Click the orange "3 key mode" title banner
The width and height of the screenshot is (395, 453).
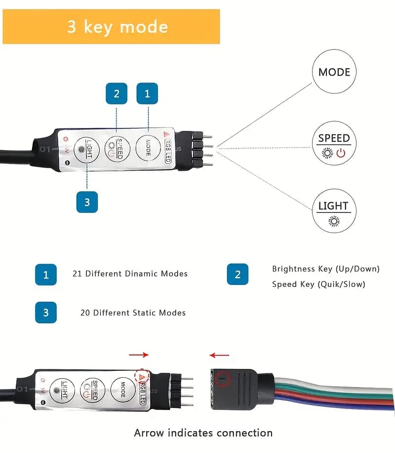111,26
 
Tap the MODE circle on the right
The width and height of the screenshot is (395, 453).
334,72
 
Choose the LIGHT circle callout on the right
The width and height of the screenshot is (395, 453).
334,211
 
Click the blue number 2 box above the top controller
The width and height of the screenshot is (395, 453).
117,94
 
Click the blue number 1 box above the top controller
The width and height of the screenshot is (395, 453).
147,94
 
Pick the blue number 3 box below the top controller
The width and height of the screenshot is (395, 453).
87,202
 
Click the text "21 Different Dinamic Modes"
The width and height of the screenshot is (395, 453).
130,273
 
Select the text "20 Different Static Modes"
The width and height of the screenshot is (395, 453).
133,313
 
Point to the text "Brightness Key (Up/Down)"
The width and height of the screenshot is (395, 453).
326,269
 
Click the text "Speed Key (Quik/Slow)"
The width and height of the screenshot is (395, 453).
318,284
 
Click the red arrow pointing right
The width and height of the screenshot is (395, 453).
139,355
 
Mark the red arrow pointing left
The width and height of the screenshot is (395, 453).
219,355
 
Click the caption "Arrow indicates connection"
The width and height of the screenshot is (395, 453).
203,433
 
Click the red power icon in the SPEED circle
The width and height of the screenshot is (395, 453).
341,153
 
